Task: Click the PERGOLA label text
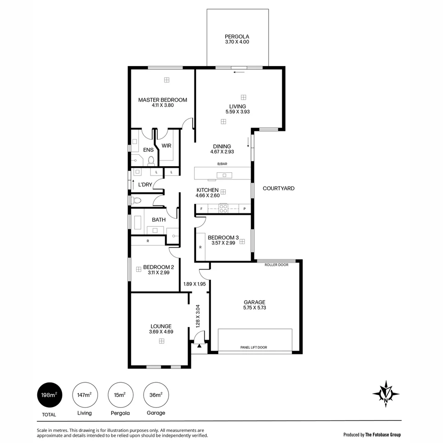pyautogui.click(x=237, y=36)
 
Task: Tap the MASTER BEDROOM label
pyautogui.click(x=162, y=100)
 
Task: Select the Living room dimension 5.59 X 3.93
pyautogui.click(x=237, y=112)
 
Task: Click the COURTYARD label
pyautogui.click(x=279, y=188)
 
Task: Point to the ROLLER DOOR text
pyautogui.click(x=276, y=265)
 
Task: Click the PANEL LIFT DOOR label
pyautogui.click(x=253, y=347)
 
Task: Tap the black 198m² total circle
pyautogui.click(x=50, y=395)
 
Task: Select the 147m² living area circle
pyautogui.click(x=85, y=395)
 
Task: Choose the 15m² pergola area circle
pyautogui.click(x=120, y=395)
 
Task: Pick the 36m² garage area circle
pyautogui.click(x=156, y=395)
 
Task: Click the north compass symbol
pyautogui.click(x=386, y=394)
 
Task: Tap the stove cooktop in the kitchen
pyautogui.click(x=223, y=208)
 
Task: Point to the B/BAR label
pyautogui.click(x=222, y=164)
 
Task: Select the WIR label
pyautogui.click(x=166, y=146)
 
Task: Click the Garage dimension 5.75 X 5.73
pyautogui.click(x=255, y=308)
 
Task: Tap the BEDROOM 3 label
pyautogui.click(x=223, y=237)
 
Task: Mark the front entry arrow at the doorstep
pyautogui.click(x=199, y=346)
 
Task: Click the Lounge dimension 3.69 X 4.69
pyautogui.click(x=161, y=332)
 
